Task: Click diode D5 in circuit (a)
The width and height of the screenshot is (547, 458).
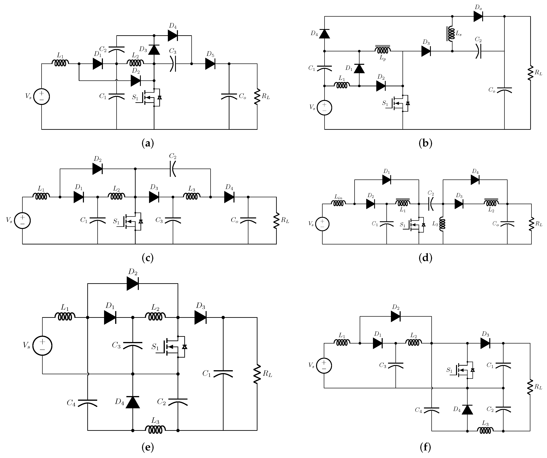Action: coord(210,64)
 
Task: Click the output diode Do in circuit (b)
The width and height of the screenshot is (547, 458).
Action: coord(478,16)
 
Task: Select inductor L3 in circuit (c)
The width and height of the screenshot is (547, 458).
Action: coord(192,197)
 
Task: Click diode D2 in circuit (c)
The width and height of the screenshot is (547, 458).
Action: coord(97,169)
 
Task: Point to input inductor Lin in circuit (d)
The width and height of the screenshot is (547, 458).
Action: coord(338,203)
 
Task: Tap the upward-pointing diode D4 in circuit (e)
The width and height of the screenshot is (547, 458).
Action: coord(133,402)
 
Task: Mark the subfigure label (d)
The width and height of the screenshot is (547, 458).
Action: coord(425,258)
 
